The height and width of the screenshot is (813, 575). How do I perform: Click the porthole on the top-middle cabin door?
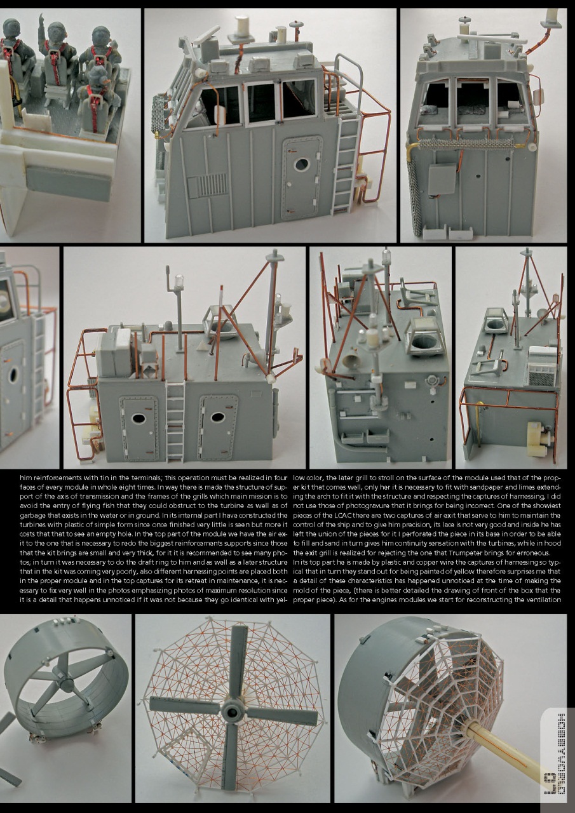click(x=301, y=165)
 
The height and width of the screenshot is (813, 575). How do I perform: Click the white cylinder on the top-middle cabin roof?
click(x=241, y=27)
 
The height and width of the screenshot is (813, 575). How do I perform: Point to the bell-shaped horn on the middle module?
click(x=349, y=361)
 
